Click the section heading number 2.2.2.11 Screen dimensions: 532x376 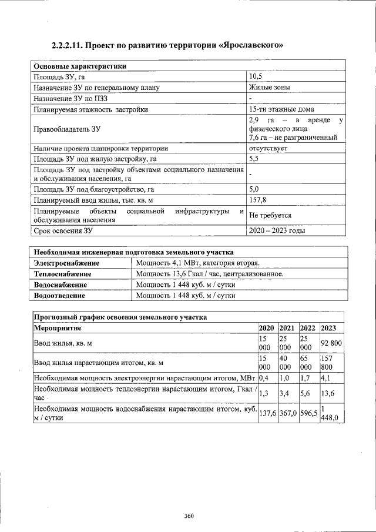point(70,45)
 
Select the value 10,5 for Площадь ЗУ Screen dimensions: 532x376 point(255,77)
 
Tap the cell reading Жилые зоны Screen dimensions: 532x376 point(269,88)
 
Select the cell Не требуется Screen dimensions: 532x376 point(270,215)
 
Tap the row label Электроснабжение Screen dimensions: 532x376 point(66,263)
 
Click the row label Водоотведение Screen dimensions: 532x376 point(59,296)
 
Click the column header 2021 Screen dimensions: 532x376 point(287,328)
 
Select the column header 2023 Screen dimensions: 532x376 point(329,328)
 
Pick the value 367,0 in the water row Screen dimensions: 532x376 point(288,413)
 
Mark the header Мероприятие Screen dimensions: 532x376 point(58,328)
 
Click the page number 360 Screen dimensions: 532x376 point(189,516)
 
